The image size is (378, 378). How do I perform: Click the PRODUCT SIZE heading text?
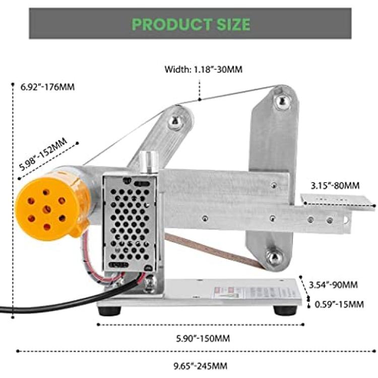[x=191, y=24]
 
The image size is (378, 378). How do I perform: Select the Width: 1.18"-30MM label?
[x=204, y=70]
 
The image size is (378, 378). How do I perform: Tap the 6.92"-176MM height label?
[x=47, y=87]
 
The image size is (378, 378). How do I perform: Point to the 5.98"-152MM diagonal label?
[x=43, y=154]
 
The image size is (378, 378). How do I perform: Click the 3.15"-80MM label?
[x=335, y=185]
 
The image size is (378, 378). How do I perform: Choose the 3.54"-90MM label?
[x=333, y=285]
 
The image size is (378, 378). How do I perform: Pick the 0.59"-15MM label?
[x=339, y=304]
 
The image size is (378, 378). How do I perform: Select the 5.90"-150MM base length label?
[x=203, y=339]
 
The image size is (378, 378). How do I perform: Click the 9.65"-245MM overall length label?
[x=201, y=366]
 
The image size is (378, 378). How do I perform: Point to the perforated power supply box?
[x=130, y=223]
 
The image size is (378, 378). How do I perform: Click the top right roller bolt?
[x=281, y=101]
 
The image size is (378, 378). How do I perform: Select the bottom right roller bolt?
[x=275, y=257]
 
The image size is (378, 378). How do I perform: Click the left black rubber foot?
[x=109, y=310]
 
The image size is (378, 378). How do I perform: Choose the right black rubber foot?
[x=284, y=310]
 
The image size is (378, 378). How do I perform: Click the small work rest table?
[x=338, y=202]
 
